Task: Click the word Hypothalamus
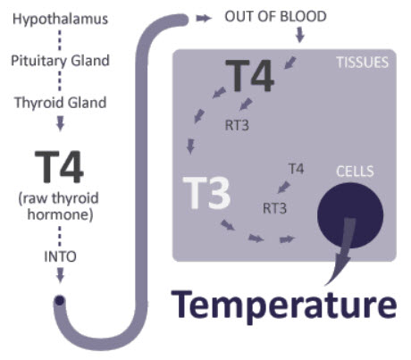[x=60, y=20]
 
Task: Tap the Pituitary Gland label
[x=60, y=61]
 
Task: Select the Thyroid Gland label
[x=61, y=103]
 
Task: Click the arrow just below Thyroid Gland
[x=61, y=123]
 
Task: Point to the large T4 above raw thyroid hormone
[x=59, y=167]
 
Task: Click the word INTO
[x=60, y=256]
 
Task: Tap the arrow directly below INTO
[x=61, y=275]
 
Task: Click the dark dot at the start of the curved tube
[x=60, y=300]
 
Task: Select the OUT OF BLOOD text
[x=275, y=17]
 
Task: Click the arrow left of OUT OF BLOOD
[x=204, y=19]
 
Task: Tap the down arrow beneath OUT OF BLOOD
[x=300, y=35]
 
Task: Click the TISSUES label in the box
[x=363, y=63]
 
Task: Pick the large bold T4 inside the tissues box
[x=249, y=76]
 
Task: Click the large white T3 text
[x=206, y=193]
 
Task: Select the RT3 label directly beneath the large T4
[x=237, y=125]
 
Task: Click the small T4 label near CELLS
[x=297, y=169]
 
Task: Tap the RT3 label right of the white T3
[x=274, y=208]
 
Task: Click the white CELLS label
[x=355, y=172]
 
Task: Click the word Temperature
[x=284, y=306]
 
